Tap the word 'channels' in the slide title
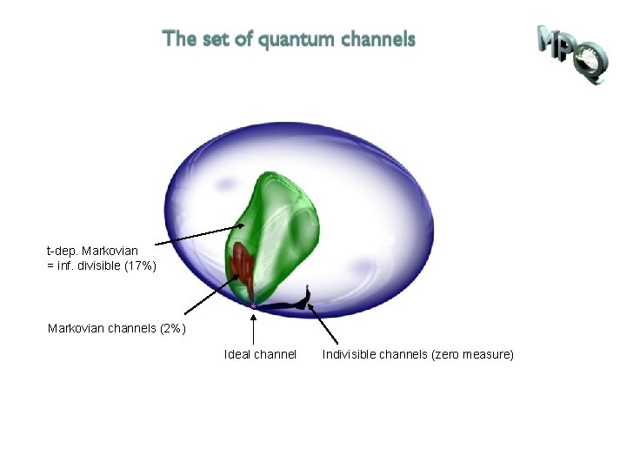(x=379, y=39)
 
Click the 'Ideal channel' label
(x=260, y=354)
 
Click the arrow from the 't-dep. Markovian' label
(x=196, y=236)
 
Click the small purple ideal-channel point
(x=253, y=305)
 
